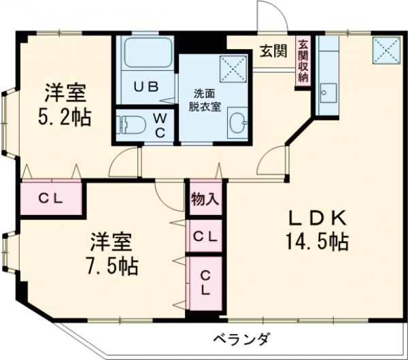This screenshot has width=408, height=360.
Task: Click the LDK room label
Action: [x=318, y=219]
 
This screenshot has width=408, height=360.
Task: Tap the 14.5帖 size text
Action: [x=318, y=242]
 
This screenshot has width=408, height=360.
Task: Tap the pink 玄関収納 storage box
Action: [x=302, y=61]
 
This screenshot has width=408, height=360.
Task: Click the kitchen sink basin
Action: [x=328, y=91]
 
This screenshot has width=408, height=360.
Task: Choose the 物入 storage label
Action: [x=205, y=201]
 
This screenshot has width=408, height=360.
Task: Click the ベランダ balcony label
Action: [x=241, y=339]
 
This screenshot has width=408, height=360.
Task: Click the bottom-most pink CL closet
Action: [x=205, y=282]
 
